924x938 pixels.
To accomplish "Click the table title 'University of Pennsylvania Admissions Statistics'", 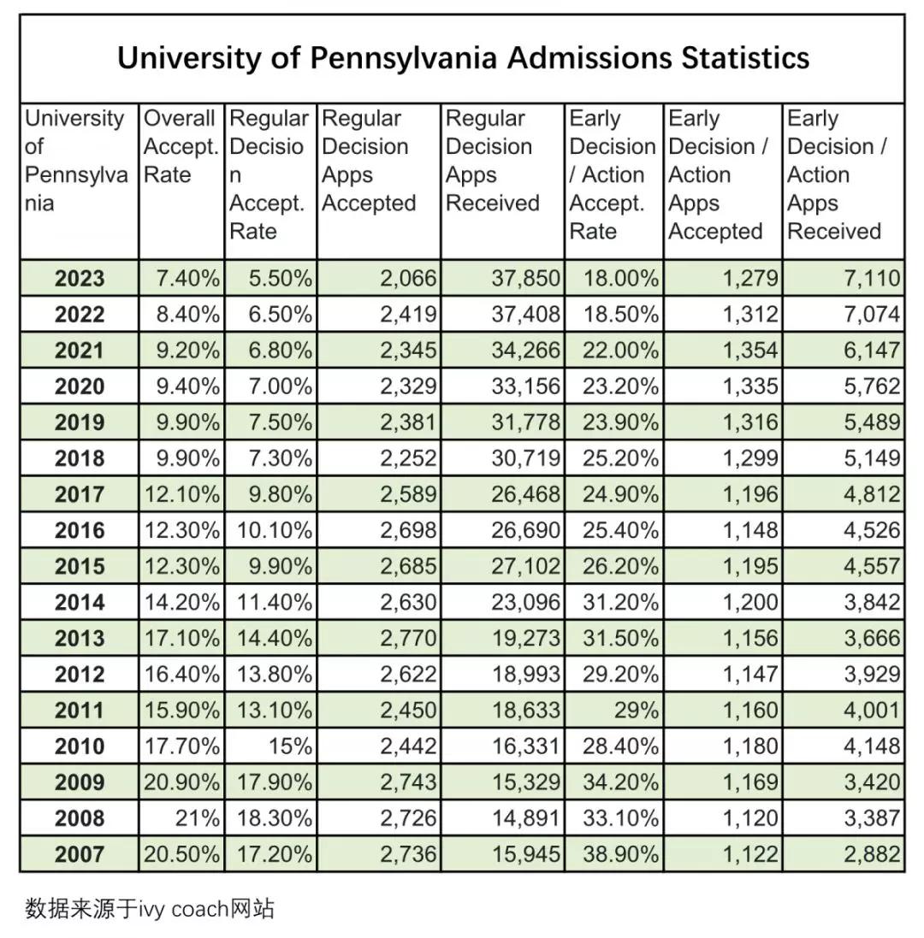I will tap(463, 58).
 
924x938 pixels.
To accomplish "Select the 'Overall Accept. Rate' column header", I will tap(181, 146).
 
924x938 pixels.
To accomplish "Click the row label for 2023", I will tap(80, 279).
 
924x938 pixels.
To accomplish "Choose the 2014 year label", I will tap(80, 603).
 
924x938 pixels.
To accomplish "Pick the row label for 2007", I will tap(80, 854).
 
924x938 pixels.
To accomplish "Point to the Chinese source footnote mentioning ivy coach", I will tap(150, 908).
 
